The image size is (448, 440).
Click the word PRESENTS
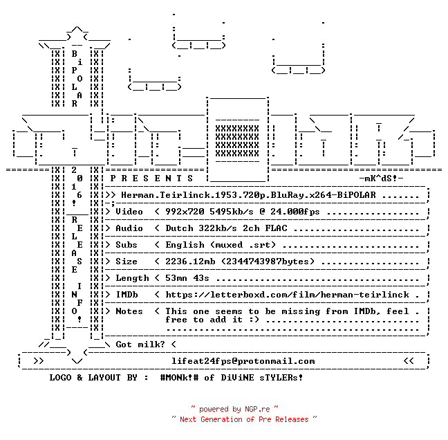pyautogui.click(x=151, y=178)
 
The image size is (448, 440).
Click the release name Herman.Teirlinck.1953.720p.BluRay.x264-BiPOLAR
pyautogui.click(x=248, y=195)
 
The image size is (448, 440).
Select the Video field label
pyautogui.click(x=129, y=212)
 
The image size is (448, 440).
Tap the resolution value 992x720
pyautogui.click(x=185, y=212)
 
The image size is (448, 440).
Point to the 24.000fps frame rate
pyautogui.click(x=295, y=212)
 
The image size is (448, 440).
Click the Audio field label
pyautogui.click(x=129, y=228)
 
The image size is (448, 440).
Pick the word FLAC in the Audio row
pyautogui.click(x=276, y=228)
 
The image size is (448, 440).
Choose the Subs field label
pyautogui.click(x=127, y=245)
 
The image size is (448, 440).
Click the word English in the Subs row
pyautogui.click(x=185, y=245)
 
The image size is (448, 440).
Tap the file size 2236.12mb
pyautogui.click(x=190, y=262)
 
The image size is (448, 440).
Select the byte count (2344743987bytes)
pyautogui.click(x=268, y=262)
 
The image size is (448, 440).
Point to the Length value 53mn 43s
pyautogui.click(x=187, y=278)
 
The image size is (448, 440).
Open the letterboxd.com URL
pyautogui.click(x=287, y=295)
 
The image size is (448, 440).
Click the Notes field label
pyautogui.click(x=129, y=311)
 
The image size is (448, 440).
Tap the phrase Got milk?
pyautogui.click(x=140, y=345)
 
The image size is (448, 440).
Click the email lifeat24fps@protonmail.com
pyautogui.click(x=243, y=361)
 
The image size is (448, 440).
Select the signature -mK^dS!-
pyautogui.click(x=381, y=178)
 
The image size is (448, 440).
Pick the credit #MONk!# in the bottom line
pyautogui.click(x=179, y=377)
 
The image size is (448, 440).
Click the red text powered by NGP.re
pyautogui.click(x=234, y=409)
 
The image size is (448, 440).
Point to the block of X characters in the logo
pyautogui.click(x=237, y=141)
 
